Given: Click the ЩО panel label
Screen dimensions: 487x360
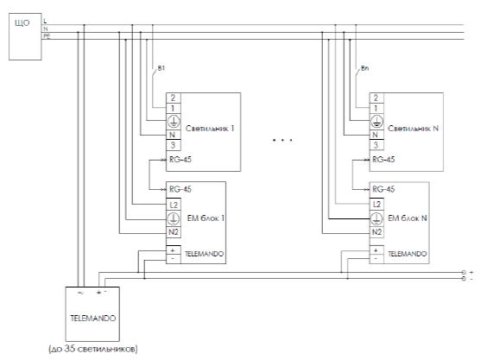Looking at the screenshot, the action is pyautogui.click(x=22, y=23).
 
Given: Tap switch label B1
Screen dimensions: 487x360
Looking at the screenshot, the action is pyautogui.click(x=161, y=68).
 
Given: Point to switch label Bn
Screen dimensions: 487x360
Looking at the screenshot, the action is pyautogui.click(x=365, y=68).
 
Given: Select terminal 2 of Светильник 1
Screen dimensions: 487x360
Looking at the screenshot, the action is pyautogui.click(x=174, y=98).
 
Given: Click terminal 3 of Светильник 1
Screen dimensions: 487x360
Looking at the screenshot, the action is pyautogui.click(x=174, y=145).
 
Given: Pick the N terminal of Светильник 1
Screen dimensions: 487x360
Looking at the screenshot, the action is pyautogui.click(x=173, y=135).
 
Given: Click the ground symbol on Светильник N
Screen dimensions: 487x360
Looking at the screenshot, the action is pyautogui.click(x=376, y=122).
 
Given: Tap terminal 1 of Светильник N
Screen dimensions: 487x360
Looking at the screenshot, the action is pyautogui.click(x=376, y=109).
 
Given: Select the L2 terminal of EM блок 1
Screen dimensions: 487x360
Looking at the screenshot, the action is pyautogui.click(x=174, y=205).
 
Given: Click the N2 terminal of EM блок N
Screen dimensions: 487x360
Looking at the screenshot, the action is pyautogui.click(x=376, y=232).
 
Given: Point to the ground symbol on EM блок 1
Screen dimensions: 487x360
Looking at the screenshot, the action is pyautogui.click(x=174, y=218).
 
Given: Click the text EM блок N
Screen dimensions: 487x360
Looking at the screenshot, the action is pyautogui.click(x=408, y=218).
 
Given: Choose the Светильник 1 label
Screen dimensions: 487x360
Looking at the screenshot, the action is pyautogui.click(x=210, y=129).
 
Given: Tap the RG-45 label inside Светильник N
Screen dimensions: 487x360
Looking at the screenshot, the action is pyautogui.click(x=383, y=160).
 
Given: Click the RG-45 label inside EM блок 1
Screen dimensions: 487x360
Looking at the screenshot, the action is pyautogui.click(x=180, y=189).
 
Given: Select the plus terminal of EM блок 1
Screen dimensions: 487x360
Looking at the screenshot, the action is pyautogui.click(x=173, y=250).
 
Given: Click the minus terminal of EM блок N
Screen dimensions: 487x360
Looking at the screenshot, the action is pyautogui.click(x=376, y=258).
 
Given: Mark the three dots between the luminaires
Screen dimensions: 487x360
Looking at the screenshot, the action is pyautogui.click(x=282, y=140).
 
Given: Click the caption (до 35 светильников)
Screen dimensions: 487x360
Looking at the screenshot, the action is pyautogui.click(x=93, y=349).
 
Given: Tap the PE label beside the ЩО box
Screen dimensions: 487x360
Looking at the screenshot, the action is pyautogui.click(x=47, y=36).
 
